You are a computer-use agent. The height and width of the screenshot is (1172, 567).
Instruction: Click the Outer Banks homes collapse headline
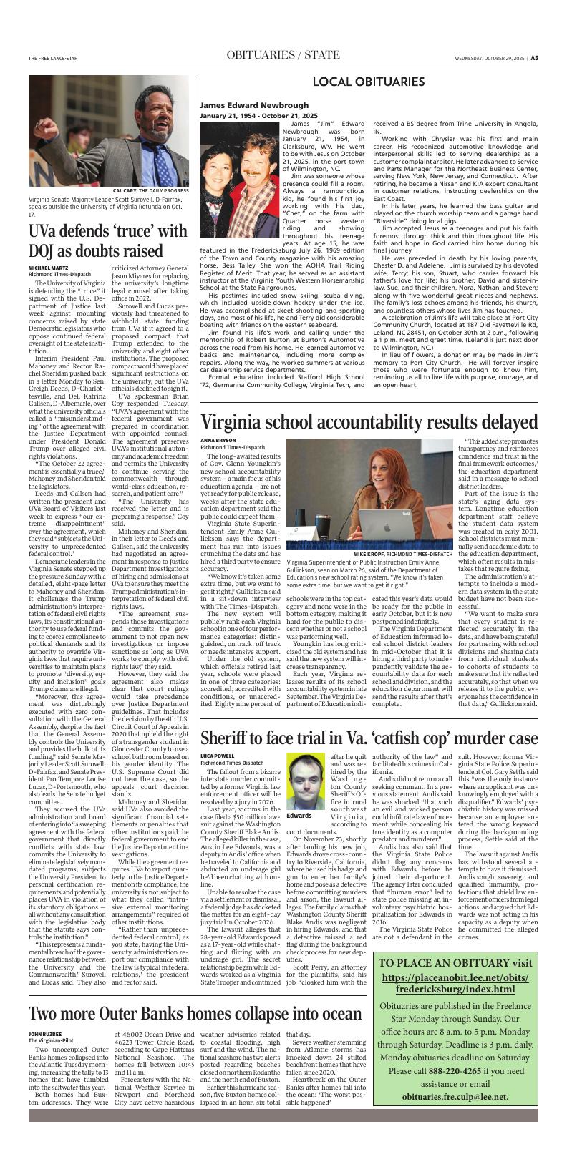coord(195,1015)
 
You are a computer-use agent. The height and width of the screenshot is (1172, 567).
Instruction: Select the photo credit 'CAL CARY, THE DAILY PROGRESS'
coord(150,191)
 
